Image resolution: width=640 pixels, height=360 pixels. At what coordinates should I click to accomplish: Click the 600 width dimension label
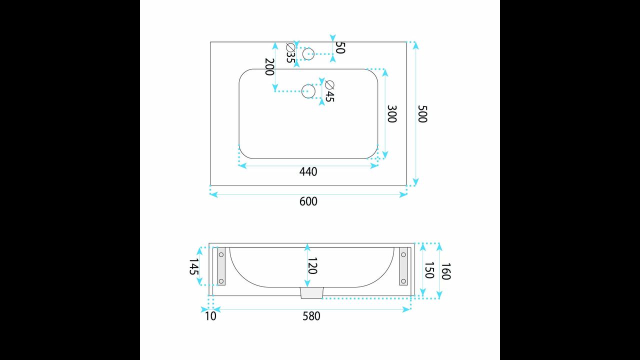click(308, 201)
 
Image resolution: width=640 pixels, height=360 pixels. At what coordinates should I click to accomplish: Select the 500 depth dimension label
click(422, 114)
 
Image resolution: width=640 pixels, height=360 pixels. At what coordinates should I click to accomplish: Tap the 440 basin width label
click(308, 171)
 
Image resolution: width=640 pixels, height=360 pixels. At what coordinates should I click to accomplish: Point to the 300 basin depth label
click(391, 114)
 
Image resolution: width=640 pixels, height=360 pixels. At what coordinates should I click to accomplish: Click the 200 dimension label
click(269, 67)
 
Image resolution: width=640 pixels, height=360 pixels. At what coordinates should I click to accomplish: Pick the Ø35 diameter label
click(291, 53)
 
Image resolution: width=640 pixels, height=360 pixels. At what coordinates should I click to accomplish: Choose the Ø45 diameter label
click(329, 91)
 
